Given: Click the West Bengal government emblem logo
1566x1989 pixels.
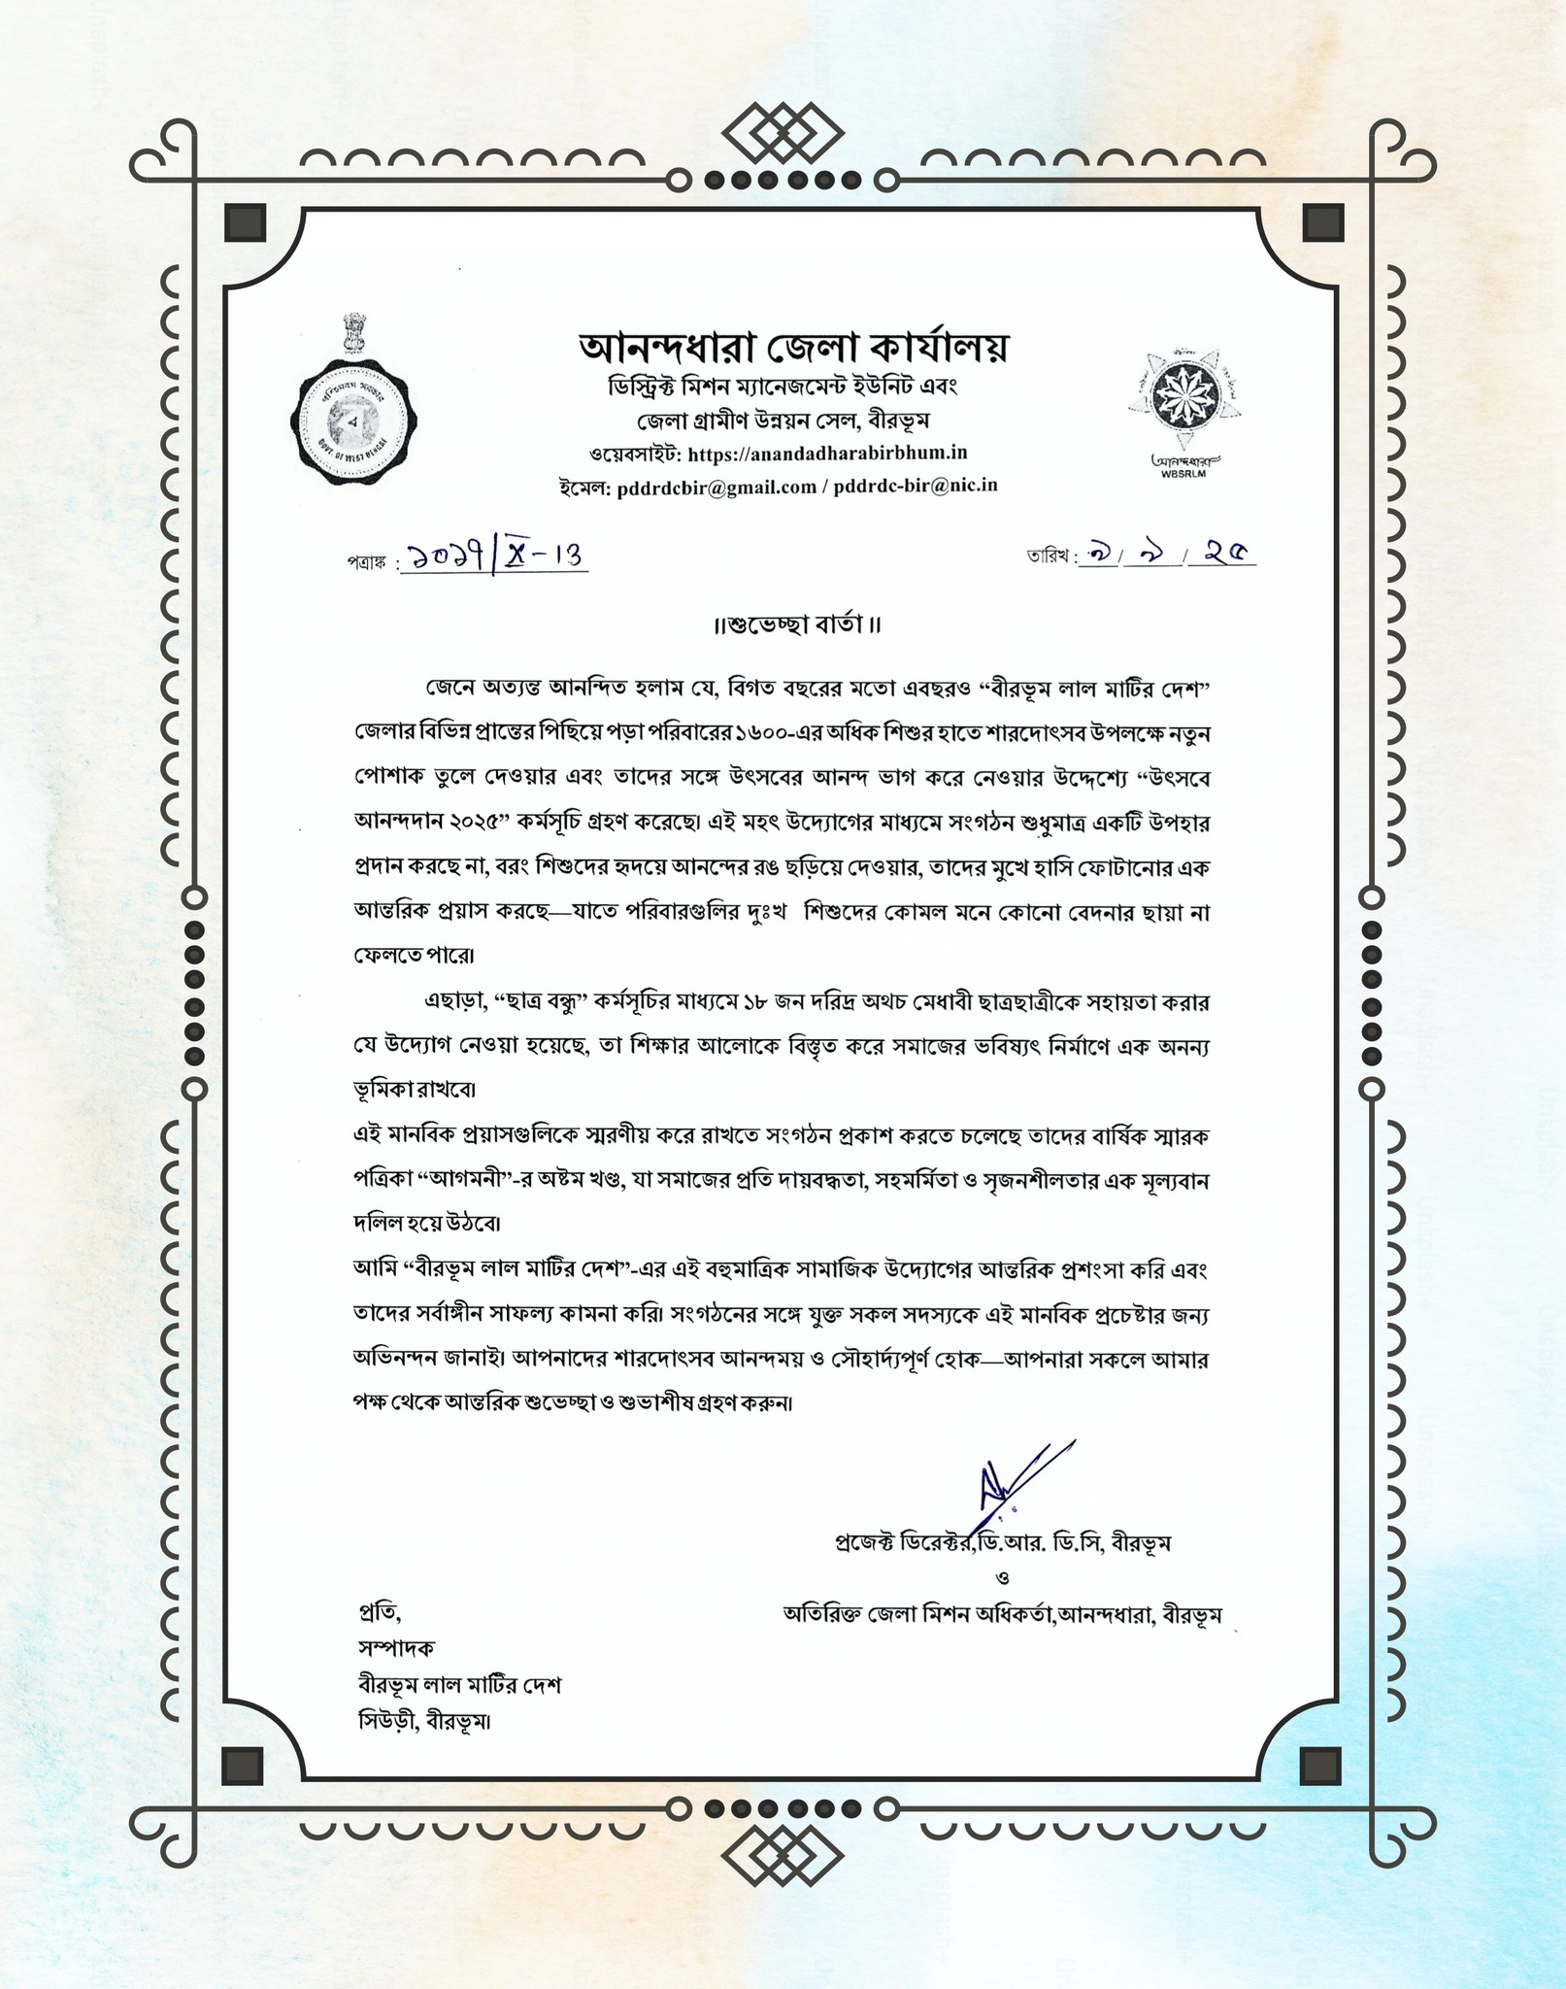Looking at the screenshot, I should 352,400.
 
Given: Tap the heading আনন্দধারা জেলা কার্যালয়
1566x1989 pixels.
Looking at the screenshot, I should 793,347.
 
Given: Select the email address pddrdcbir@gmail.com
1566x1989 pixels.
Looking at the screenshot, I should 716,486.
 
